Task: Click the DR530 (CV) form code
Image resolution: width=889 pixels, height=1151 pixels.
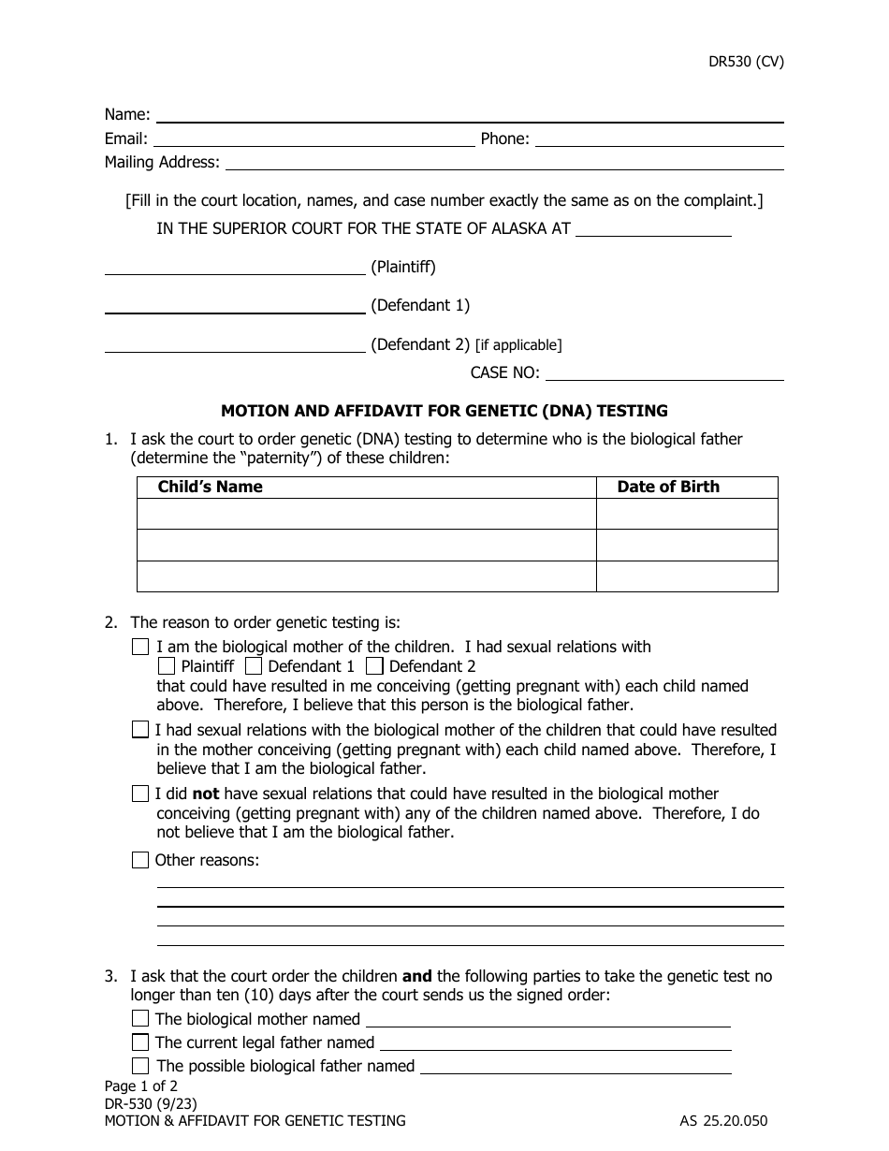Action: tap(745, 63)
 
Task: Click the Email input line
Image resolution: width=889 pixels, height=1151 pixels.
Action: tap(313, 139)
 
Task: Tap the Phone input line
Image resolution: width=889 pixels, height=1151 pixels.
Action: tap(659, 139)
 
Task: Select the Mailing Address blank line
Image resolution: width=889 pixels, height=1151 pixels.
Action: tap(503, 163)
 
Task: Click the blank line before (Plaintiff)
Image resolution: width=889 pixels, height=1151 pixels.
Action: tap(234, 268)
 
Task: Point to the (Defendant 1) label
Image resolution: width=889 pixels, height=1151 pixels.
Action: tap(420, 305)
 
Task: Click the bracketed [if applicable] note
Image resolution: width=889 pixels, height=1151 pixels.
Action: tap(518, 345)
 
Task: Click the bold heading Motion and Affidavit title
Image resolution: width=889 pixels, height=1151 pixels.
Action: tap(444, 410)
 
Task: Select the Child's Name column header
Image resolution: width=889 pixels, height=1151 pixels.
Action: tap(211, 487)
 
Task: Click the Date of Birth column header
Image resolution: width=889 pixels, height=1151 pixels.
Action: tap(668, 487)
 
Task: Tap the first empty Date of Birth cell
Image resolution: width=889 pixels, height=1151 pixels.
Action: tap(686, 514)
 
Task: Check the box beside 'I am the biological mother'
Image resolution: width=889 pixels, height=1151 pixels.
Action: tap(140, 647)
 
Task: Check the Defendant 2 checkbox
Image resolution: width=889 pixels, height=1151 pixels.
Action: tap(374, 666)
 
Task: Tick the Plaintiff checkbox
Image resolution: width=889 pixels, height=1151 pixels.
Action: tap(167, 666)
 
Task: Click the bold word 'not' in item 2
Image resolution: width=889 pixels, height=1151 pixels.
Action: tap(206, 794)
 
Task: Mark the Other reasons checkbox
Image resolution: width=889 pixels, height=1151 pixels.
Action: tap(140, 860)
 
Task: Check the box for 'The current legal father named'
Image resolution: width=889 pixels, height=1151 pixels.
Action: tap(140, 1042)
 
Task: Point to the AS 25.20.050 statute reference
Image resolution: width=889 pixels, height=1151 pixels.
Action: tap(723, 1120)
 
